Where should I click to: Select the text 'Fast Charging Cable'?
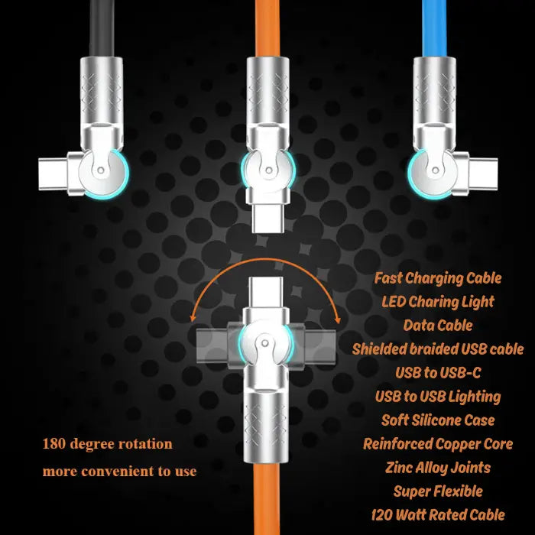click(x=438, y=278)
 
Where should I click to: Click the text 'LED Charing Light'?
click(x=438, y=302)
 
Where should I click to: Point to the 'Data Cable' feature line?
click(x=438, y=326)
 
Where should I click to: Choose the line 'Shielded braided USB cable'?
click(x=438, y=349)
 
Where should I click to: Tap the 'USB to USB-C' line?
click(x=438, y=373)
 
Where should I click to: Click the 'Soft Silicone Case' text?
click(x=438, y=420)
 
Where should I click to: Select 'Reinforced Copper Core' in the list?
click(x=438, y=444)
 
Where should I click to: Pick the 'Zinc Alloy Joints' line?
click(x=438, y=468)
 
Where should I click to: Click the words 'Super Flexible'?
click(x=438, y=491)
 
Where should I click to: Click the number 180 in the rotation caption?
click(x=54, y=444)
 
